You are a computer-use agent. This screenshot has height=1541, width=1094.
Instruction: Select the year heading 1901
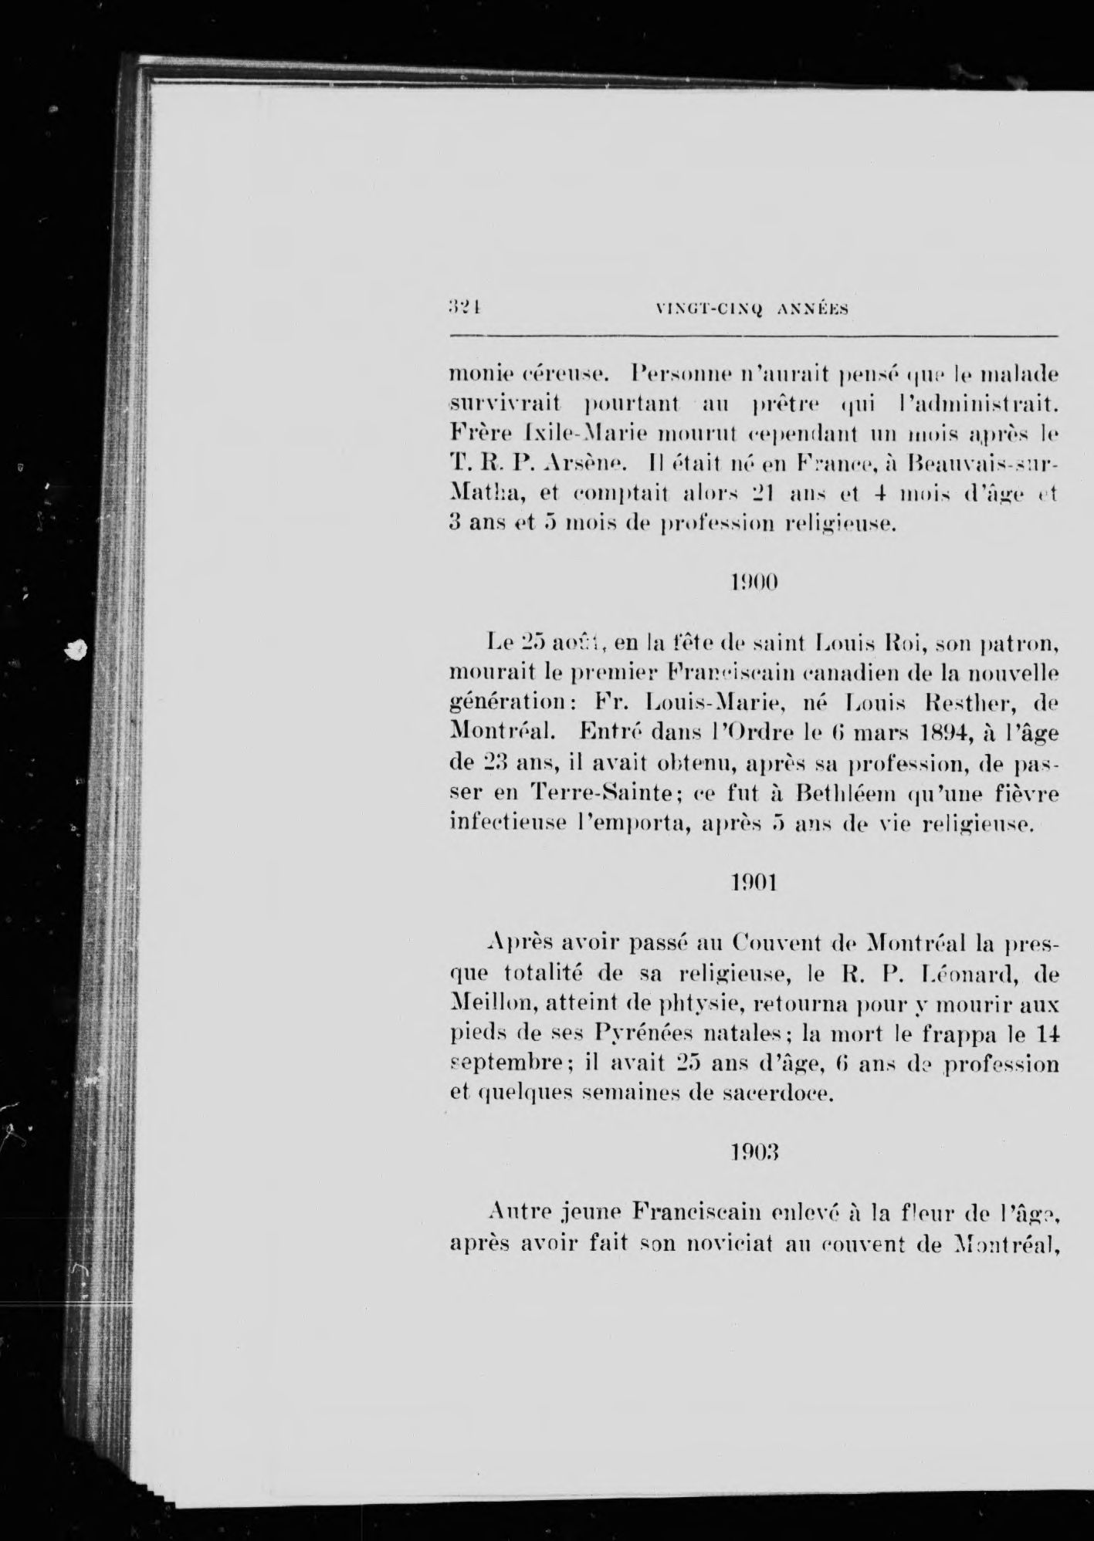tap(753, 882)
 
